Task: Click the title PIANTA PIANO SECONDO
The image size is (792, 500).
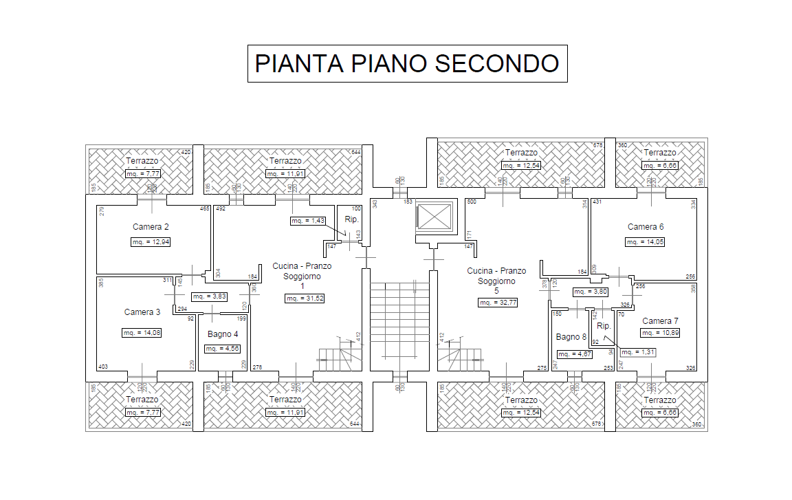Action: tap(407, 63)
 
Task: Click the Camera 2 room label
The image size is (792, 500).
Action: tap(151, 227)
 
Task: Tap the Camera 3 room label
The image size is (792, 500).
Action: tap(142, 312)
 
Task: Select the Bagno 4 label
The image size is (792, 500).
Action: tap(223, 334)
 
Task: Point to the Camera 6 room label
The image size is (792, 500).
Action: tap(646, 227)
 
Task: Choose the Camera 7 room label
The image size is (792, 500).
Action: tap(660, 321)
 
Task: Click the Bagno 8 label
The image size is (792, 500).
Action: tap(571, 337)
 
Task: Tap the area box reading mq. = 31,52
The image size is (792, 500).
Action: tap(305, 298)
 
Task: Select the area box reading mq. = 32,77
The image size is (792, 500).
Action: tap(498, 303)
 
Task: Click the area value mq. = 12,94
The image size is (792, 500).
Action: tap(151, 242)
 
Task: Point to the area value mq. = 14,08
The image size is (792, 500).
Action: tap(142, 333)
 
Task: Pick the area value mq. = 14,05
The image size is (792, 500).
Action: tap(646, 242)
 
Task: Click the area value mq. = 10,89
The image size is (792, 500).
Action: tap(660, 333)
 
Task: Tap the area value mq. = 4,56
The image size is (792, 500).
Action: tap(223, 349)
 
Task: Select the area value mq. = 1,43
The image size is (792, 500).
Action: tap(307, 221)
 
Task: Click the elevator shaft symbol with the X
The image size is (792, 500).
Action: tap(435, 217)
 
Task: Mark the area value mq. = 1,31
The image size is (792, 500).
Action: tap(637, 352)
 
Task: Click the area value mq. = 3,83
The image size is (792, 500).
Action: tap(209, 296)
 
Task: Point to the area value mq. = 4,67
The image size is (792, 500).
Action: tap(574, 354)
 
